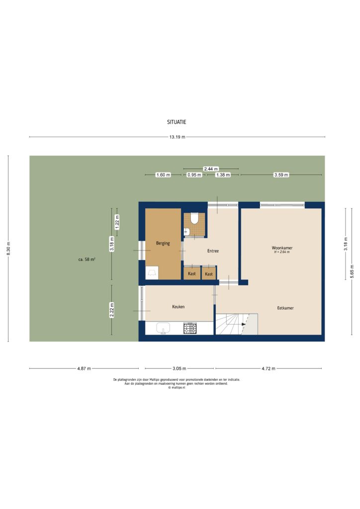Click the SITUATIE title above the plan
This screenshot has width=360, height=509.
[x=177, y=121]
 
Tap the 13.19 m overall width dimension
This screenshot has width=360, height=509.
[x=177, y=137]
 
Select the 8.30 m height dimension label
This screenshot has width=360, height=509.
[x=8, y=249]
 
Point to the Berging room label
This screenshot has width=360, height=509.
[x=163, y=243]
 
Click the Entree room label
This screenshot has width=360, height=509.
[x=213, y=251]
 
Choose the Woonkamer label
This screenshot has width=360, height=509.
[x=281, y=248]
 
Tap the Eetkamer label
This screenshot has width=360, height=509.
[x=285, y=308]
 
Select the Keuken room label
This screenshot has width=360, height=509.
[x=178, y=307]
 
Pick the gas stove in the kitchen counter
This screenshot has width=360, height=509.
[x=190, y=328]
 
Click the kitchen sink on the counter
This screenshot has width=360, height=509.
[x=163, y=328]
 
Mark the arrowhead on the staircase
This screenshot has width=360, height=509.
[x=243, y=324]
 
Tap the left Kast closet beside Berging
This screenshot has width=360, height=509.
[x=191, y=274]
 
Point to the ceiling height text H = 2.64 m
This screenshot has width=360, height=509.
[x=281, y=253]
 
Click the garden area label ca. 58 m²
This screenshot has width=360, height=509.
[x=87, y=259]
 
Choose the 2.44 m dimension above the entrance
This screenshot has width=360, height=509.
[x=210, y=169]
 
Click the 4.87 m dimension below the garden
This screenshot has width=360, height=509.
[x=84, y=368]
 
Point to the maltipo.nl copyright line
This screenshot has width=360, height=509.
[x=177, y=387]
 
